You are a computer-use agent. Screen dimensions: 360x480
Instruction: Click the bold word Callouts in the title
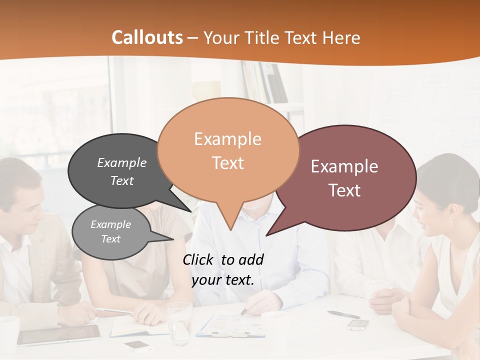click(x=147, y=37)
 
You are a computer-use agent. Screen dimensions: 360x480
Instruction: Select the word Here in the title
click(x=341, y=38)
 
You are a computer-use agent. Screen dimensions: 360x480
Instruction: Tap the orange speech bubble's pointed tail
click(x=230, y=220)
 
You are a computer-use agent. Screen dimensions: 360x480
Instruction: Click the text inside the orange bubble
click(x=227, y=150)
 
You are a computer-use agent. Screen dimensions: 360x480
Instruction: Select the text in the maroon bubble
click(x=344, y=178)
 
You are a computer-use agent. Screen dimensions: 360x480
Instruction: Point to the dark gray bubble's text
click(x=122, y=171)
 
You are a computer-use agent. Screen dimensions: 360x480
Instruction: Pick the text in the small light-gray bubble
click(x=110, y=231)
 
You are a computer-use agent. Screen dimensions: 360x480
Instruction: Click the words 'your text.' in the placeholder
click(x=223, y=280)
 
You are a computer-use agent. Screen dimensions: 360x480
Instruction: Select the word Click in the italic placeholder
click(x=198, y=259)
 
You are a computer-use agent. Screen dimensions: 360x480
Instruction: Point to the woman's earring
click(x=448, y=217)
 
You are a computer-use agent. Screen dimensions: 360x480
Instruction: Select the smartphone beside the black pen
click(x=358, y=325)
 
